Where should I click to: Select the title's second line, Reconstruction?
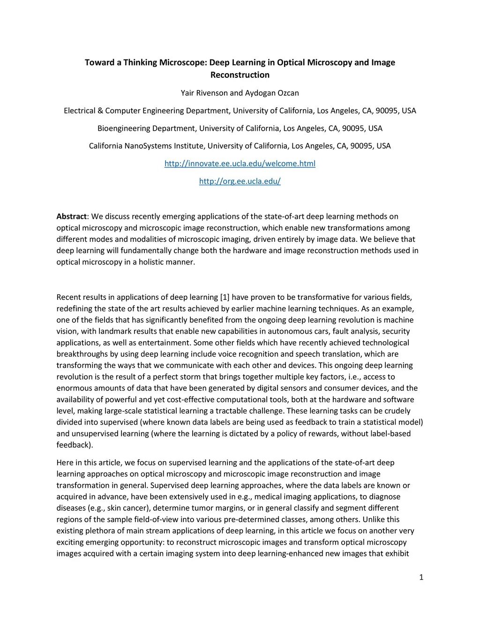point(240,75)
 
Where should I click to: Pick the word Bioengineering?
point(123,128)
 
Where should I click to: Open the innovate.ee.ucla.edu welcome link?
point(240,164)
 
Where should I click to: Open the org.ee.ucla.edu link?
point(240,181)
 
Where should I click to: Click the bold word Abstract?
point(71,217)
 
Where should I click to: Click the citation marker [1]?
point(225,297)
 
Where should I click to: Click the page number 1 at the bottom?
point(421,577)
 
